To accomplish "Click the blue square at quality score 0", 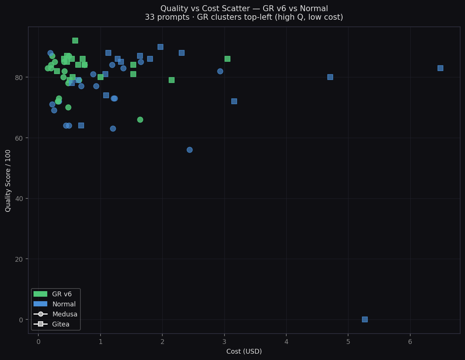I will (364, 319).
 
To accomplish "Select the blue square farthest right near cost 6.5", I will (440, 68).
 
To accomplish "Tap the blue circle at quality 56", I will (189, 150).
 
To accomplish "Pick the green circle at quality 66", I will (140, 120).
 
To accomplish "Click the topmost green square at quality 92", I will (75, 41).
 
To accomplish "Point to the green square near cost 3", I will (227, 59).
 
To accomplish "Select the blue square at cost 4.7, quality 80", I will (330, 77).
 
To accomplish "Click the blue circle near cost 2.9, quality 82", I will (220, 71).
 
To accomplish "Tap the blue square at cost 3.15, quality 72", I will (234, 101).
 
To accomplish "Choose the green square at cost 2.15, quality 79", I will (171, 80).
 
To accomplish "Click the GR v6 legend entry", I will (56, 294).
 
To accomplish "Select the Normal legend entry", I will (56, 304).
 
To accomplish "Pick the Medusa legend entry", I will (56, 314).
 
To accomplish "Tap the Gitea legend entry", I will (56, 324).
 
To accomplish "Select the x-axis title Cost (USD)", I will (244, 351).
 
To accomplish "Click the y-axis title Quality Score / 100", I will (8, 181).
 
